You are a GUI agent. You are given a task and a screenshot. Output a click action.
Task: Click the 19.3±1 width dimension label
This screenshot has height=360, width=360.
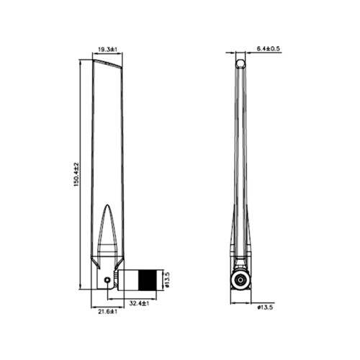coord(107,50)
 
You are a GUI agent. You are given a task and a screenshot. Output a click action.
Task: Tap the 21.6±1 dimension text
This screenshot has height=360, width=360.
coord(106,311)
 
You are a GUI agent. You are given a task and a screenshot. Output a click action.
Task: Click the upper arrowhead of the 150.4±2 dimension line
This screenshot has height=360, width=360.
coord(80,61)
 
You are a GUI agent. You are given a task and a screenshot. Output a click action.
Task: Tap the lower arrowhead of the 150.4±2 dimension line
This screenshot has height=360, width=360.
coord(80,289)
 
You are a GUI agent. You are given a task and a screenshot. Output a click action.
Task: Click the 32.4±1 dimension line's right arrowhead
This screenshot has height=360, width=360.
coord(156,299)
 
